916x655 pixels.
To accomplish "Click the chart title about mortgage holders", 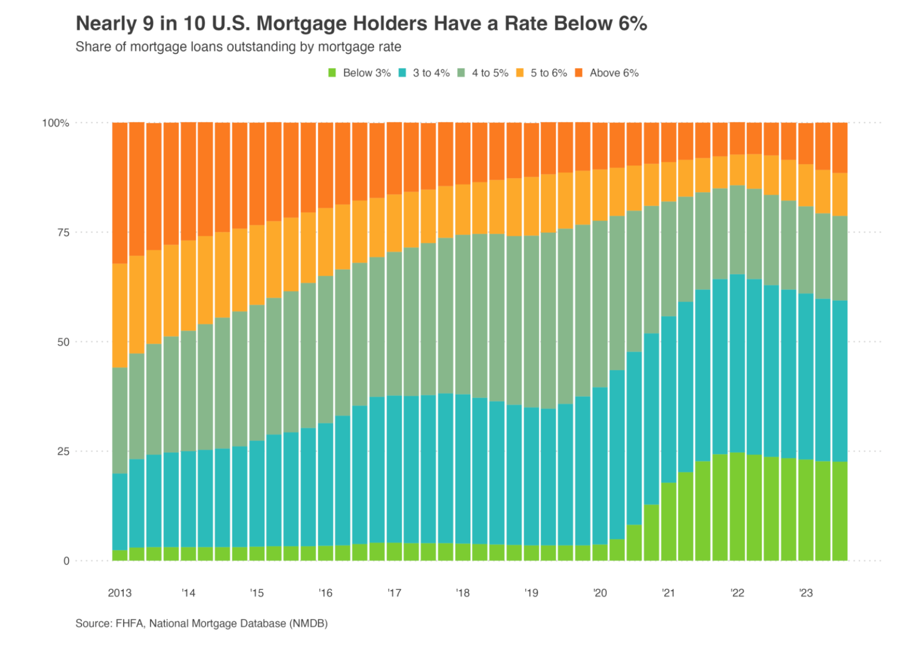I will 361,24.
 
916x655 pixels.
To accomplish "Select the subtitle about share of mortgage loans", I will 238,47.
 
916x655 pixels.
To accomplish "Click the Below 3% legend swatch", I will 333,73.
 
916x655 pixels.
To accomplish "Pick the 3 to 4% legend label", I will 431,73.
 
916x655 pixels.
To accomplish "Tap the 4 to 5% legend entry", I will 483,73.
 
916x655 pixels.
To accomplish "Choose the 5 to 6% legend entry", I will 542,73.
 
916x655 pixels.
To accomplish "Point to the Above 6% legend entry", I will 607,73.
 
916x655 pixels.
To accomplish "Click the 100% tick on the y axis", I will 56,123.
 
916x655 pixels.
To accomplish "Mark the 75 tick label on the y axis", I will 63,233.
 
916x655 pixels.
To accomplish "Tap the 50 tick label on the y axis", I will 63,342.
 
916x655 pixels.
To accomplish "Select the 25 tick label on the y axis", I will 63,451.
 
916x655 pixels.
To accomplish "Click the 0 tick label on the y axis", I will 66,561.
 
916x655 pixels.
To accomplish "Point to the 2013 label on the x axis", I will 120,593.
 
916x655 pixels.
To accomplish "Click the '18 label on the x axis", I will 462,593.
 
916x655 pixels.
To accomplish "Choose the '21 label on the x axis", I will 668,593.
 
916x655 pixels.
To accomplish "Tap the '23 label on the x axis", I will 806,593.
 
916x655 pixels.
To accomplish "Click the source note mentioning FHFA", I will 202,623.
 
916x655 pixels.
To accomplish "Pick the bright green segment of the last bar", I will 839,511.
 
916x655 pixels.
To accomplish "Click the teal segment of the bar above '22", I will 737,364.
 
